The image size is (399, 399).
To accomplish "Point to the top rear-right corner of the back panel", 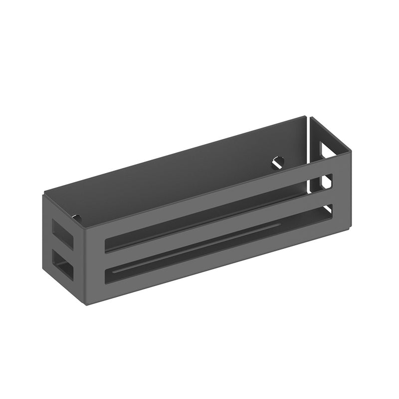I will pyautogui.click(x=306, y=117).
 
